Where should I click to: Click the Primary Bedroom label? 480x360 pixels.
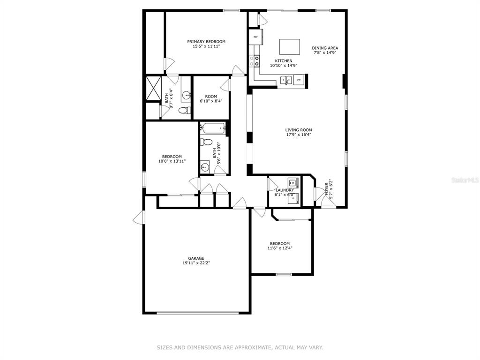[206, 42]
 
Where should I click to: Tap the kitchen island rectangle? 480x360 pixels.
[290, 46]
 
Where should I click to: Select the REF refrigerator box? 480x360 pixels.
[255, 37]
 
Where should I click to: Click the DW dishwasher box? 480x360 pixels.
[299, 80]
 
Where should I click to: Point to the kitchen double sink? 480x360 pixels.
[286, 80]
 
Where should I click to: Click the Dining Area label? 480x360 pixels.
[325, 48]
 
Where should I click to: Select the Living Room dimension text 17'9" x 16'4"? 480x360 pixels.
[299, 135]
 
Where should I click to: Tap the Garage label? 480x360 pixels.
[196, 258]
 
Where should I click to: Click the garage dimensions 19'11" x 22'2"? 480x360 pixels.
[196, 262]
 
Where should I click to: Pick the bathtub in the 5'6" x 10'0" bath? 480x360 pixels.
[213, 128]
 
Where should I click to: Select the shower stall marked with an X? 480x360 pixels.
[153, 89]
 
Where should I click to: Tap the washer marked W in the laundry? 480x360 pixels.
[293, 183]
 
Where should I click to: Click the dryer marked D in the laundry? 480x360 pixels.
[293, 199]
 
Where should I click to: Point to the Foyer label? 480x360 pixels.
[326, 189]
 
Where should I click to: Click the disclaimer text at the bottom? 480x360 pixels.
[240, 347]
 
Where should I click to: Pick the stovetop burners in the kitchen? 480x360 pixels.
[257, 60]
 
